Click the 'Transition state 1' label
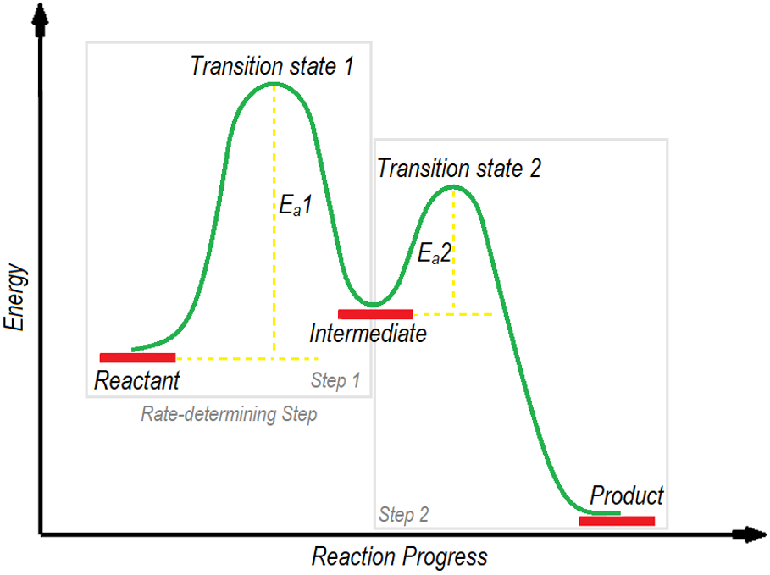[x=271, y=66]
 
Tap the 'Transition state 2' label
[x=458, y=168]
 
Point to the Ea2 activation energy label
[x=435, y=252]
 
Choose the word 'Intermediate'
[x=368, y=333]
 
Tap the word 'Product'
[x=627, y=495]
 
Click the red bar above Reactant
[x=137, y=357]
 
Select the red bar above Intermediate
[x=375, y=314]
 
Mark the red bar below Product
[x=617, y=521]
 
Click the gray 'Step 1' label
[x=335, y=380]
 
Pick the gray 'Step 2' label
[x=403, y=514]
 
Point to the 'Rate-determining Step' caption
[x=229, y=415]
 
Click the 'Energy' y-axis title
[x=16, y=296]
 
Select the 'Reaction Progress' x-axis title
[x=400, y=556]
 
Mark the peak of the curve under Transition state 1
[x=273, y=83]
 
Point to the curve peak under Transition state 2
[x=454, y=186]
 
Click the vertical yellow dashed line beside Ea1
[x=274, y=254]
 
